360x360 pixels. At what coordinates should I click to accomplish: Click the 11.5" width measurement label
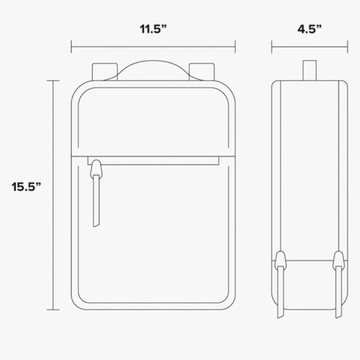[154, 29]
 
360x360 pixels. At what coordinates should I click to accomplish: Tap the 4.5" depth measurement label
[308, 29]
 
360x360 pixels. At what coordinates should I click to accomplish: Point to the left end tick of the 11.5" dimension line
[72, 46]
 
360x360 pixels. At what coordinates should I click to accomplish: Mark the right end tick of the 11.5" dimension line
[236, 46]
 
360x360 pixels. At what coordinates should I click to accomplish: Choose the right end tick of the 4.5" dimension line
[346, 46]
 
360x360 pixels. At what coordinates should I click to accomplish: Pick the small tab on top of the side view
[308, 69]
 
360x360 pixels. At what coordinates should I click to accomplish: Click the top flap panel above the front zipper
[153, 121]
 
